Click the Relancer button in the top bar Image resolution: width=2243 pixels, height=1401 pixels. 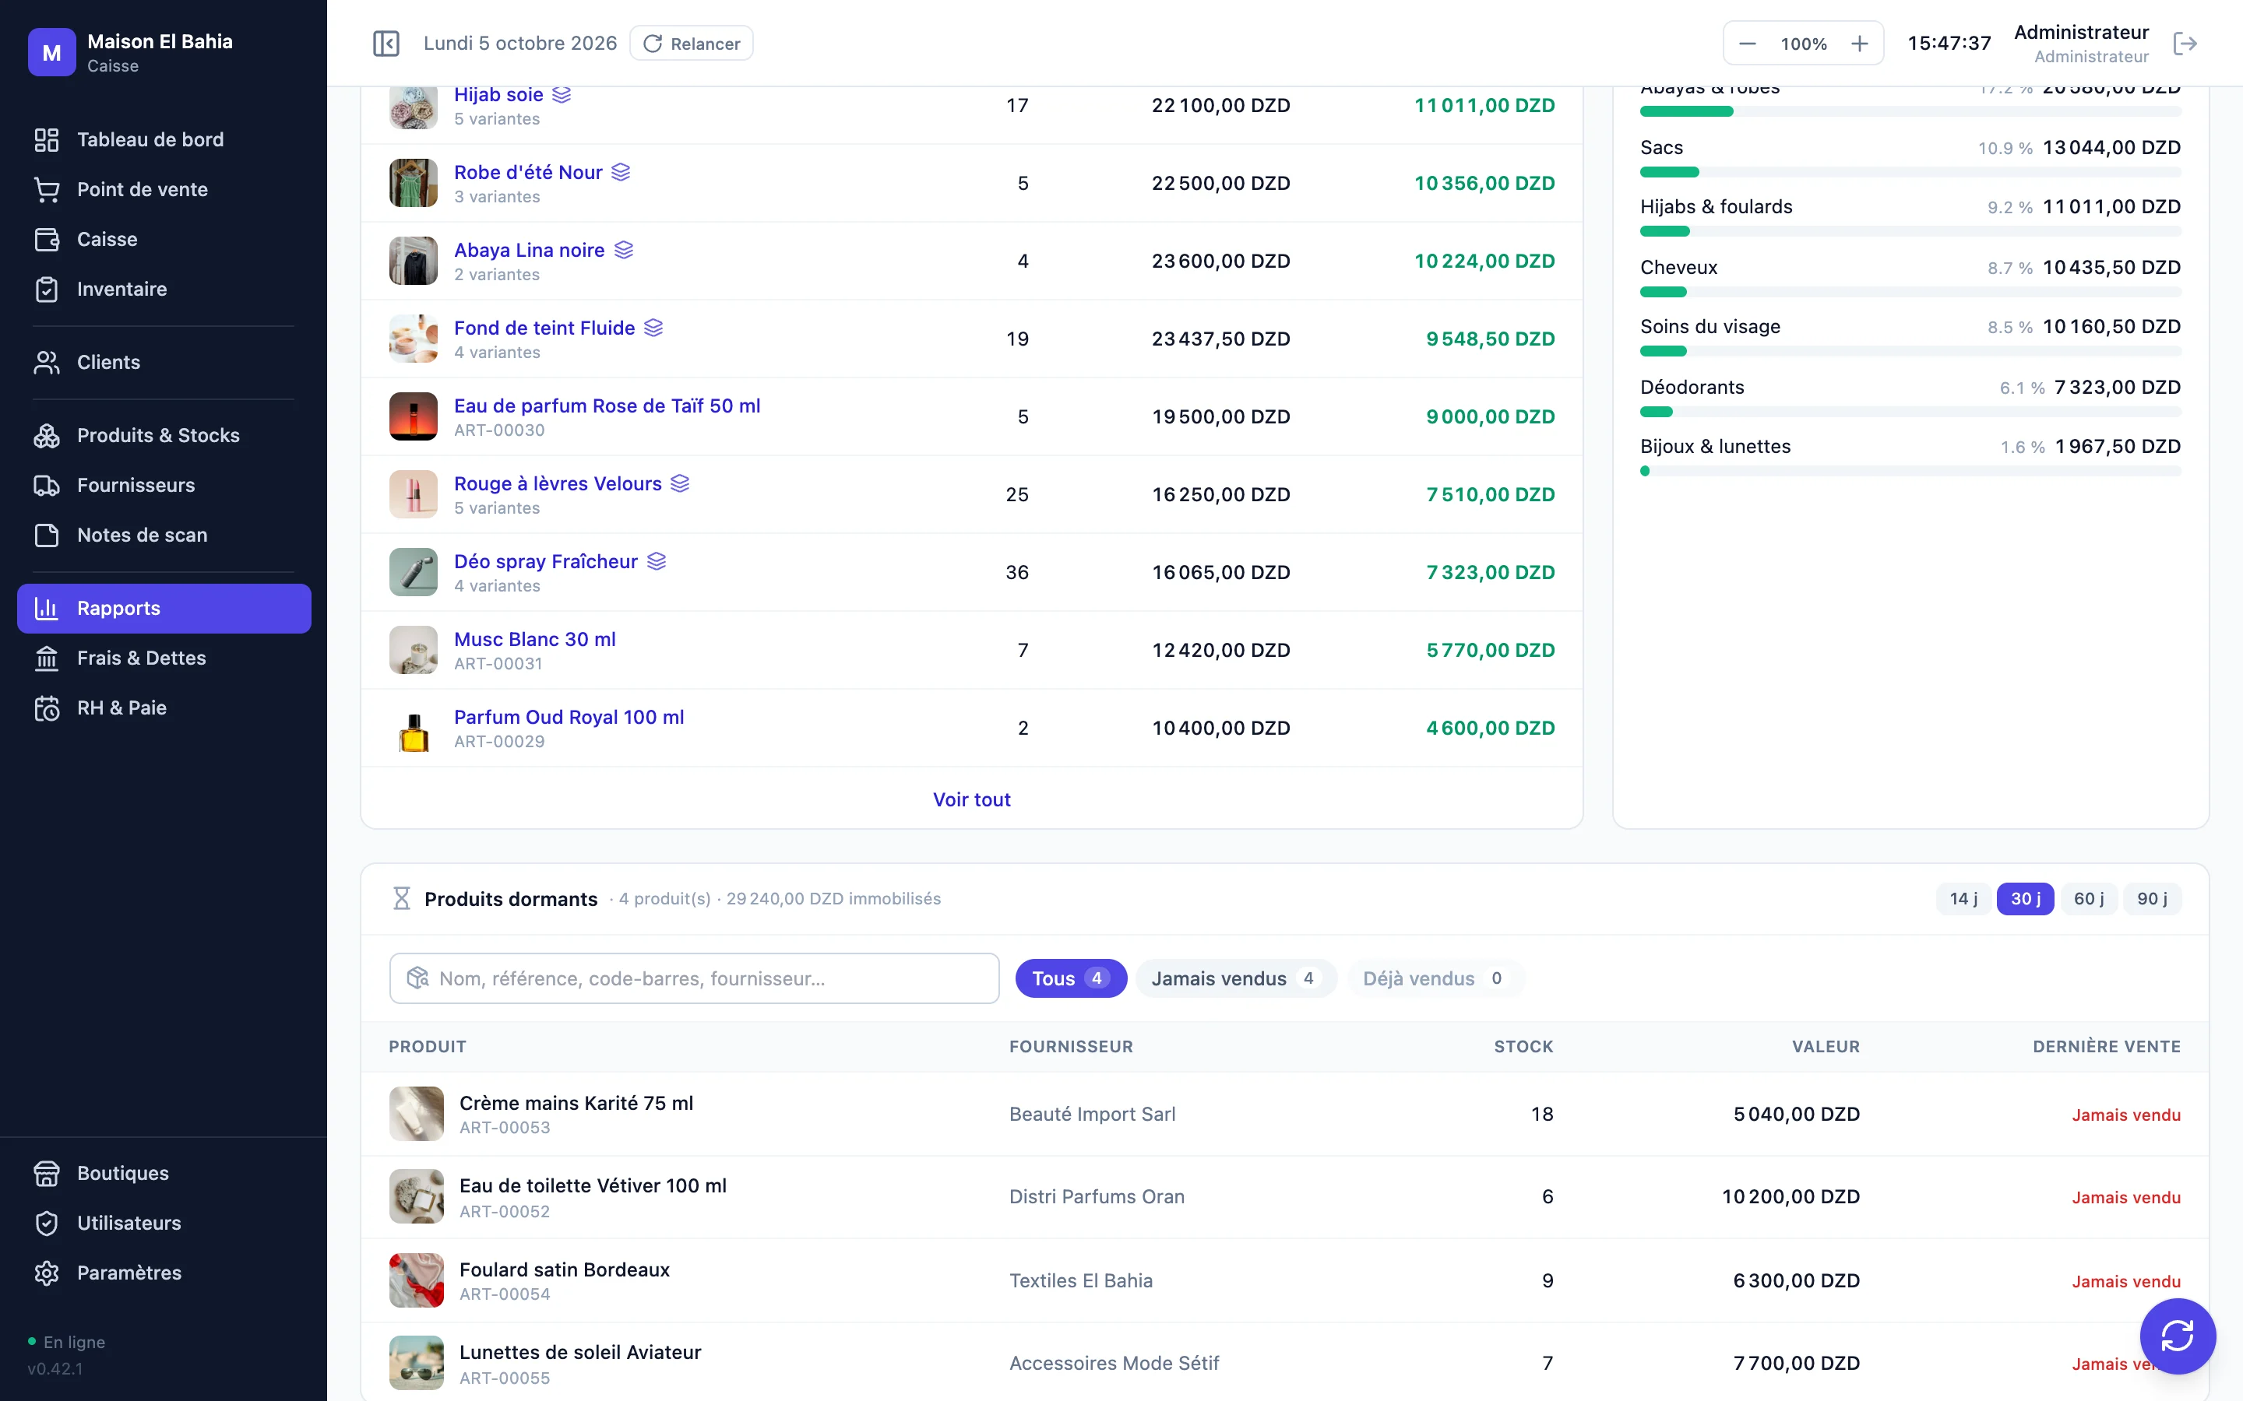click(x=692, y=44)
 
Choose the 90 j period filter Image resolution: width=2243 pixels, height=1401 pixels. click(x=2151, y=899)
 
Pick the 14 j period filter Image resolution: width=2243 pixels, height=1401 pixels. click(x=1963, y=899)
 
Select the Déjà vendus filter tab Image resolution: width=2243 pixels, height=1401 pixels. click(x=1434, y=978)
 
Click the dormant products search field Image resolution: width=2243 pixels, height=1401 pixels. click(x=694, y=978)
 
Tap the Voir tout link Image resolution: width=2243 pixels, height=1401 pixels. click(x=971, y=799)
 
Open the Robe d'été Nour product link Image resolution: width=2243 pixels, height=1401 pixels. click(x=528, y=172)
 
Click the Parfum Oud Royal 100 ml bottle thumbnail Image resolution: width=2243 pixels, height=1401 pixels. click(x=414, y=729)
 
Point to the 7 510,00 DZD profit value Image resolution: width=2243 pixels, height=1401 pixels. click(x=1491, y=495)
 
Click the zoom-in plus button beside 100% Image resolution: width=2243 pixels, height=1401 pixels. click(x=1859, y=44)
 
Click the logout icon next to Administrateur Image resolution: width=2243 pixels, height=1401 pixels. click(x=2185, y=44)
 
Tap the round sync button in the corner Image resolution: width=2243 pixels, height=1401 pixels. click(x=2178, y=1336)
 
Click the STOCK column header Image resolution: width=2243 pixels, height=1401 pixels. click(x=1523, y=1046)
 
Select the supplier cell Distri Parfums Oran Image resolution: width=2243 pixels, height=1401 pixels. click(x=1097, y=1196)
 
